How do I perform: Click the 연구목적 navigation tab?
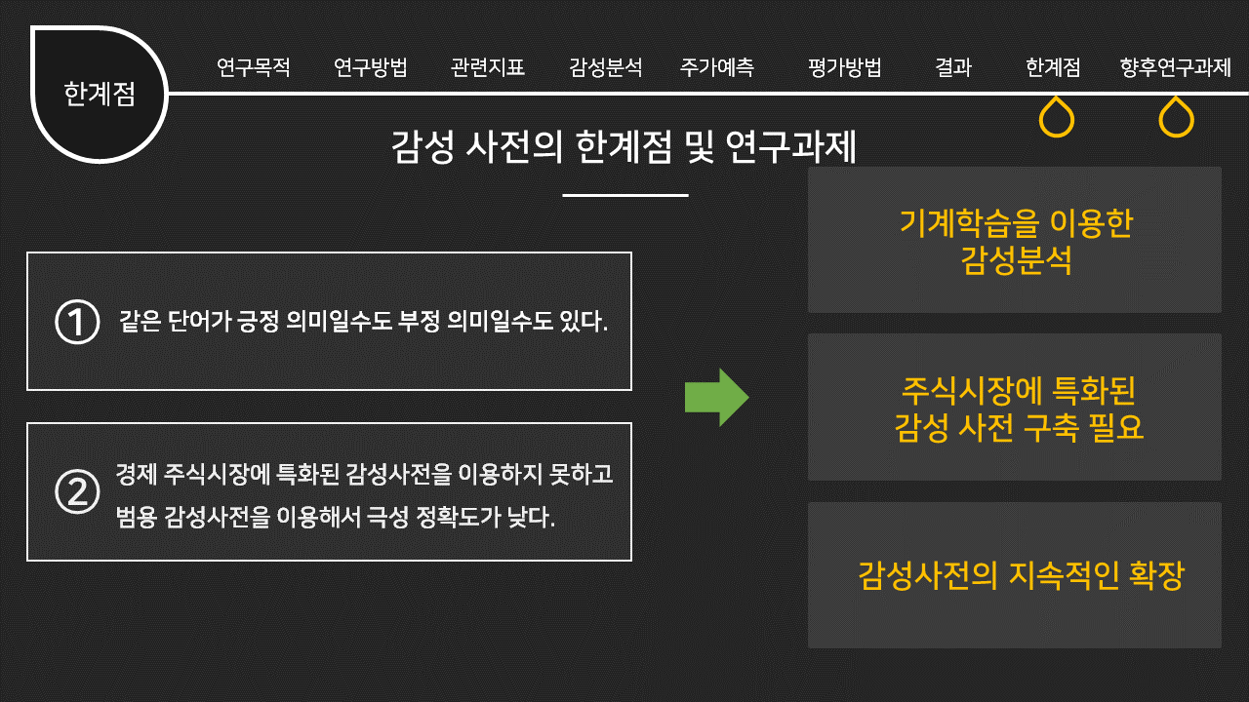tap(254, 68)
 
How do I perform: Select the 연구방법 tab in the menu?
tap(371, 68)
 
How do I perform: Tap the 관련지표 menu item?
tap(488, 68)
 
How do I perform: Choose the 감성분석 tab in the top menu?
tap(606, 68)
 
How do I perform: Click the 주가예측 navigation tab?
tap(717, 68)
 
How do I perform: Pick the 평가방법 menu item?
tap(845, 68)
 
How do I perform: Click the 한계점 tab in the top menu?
tap(1053, 68)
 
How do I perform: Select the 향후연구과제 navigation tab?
tap(1176, 68)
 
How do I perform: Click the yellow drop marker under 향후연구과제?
tap(1176, 118)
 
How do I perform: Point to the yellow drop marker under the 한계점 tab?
tap(1057, 118)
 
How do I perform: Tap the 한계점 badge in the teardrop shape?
tap(100, 95)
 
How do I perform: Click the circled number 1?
tap(78, 323)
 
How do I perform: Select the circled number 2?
tap(78, 492)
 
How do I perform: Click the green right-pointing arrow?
tap(716, 397)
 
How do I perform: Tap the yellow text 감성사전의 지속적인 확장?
tap(1021, 574)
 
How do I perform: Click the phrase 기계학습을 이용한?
tap(1016, 223)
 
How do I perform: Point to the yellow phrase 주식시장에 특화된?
tap(1020, 392)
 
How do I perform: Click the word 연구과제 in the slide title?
tap(791, 147)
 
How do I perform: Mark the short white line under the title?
tap(625, 195)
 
